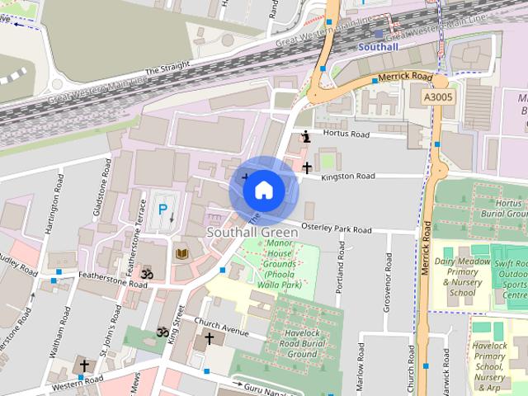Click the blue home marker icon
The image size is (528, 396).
(x=263, y=190)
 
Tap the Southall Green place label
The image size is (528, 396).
(x=252, y=233)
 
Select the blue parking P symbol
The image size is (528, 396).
(x=163, y=210)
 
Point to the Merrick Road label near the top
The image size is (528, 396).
(x=405, y=77)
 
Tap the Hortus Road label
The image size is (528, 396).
(x=346, y=134)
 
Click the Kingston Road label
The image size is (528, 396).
(x=348, y=176)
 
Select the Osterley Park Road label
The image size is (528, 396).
(x=336, y=230)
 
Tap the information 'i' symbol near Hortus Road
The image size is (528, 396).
(x=306, y=136)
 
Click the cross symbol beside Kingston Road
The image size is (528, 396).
(x=306, y=167)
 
